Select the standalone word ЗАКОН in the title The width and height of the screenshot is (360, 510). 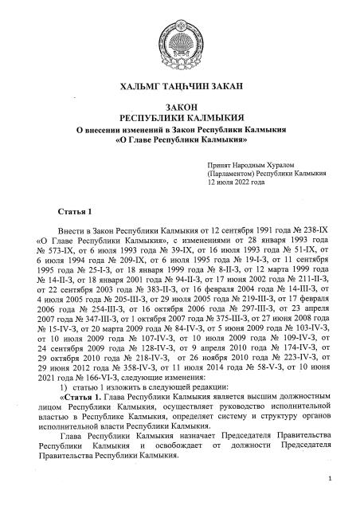click(179, 107)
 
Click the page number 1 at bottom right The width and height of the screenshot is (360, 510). click(329, 478)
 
